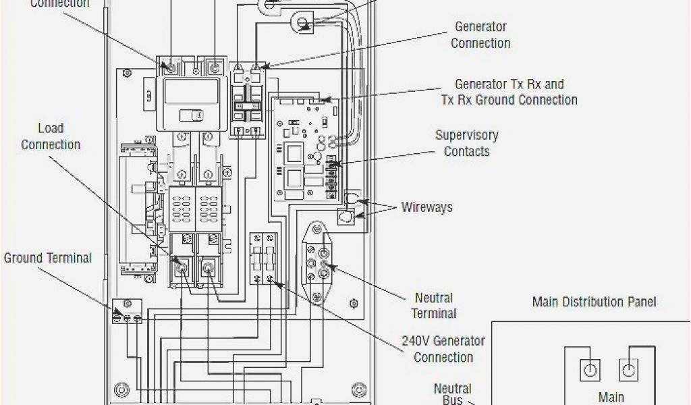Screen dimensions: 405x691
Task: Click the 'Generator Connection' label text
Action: [x=480, y=35]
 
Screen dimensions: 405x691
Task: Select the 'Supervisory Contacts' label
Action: [x=467, y=143]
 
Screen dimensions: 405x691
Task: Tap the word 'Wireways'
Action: [x=426, y=207]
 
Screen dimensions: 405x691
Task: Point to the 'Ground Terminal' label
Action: [x=48, y=258]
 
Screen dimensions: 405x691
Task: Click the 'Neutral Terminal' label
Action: [x=434, y=305]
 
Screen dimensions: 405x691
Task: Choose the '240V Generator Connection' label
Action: [x=443, y=349]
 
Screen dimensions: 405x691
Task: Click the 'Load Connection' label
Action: [x=51, y=136]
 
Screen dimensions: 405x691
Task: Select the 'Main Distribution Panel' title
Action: [x=594, y=302]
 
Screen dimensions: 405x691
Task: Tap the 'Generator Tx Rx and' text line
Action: [x=509, y=85]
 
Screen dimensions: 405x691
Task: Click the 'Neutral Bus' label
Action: [x=452, y=394]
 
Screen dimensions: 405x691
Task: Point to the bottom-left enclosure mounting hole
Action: [x=121, y=389]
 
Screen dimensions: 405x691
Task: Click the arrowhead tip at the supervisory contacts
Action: [x=335, y=164]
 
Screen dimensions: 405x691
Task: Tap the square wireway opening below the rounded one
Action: [x=345, y=217]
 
